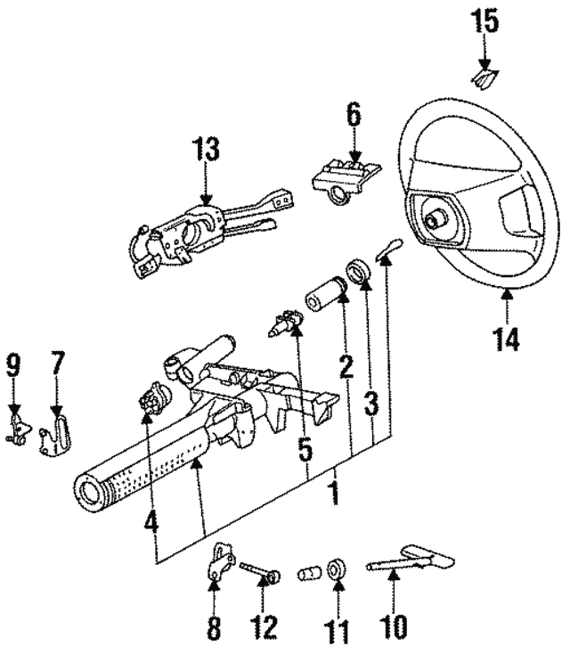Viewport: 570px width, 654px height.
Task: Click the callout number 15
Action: (x=485, y=21)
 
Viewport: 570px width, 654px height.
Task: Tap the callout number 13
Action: (x=206, y=151)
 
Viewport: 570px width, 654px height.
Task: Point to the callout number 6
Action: (x=354, y=116)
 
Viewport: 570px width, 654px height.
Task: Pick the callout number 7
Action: (x=57, y=364)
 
